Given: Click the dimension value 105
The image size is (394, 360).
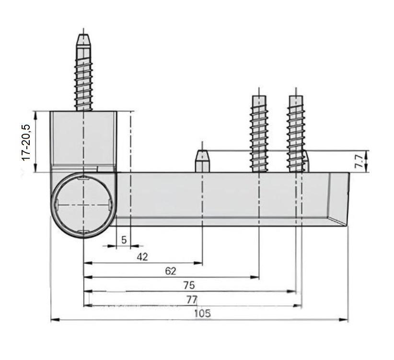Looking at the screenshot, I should coord(202,314).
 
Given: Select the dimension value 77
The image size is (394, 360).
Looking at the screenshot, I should coord(192,300).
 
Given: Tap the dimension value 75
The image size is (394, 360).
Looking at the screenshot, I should coord(189,285).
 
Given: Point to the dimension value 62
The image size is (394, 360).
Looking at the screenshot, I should coord(171,271).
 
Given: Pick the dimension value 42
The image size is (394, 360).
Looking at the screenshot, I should coord(142,256).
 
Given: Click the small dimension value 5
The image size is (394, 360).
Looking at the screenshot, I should coord(124,240).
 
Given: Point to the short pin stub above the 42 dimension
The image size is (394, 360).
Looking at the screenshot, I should coord(202,161).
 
